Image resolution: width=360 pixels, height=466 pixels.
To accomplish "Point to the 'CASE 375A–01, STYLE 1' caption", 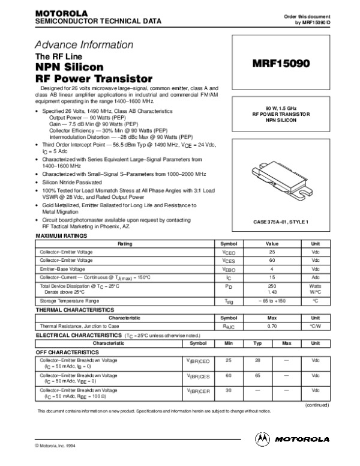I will pos(280,222).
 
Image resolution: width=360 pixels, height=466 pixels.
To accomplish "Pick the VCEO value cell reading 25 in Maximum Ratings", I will pos(271,253).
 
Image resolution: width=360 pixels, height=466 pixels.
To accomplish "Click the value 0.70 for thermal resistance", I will pos(271,324).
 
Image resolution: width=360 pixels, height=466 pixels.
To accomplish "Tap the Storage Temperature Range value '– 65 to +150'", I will pos(271,300).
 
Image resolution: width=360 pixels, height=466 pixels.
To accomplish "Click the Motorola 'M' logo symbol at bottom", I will pos(263,438).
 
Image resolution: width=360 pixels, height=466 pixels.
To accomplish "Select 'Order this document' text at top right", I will pos(307,14).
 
